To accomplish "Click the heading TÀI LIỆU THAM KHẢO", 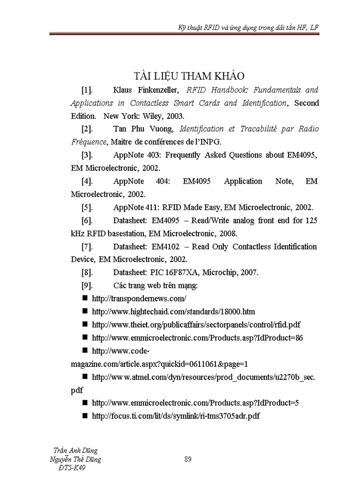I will pos(189,76).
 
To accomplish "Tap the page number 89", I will pos(188,460).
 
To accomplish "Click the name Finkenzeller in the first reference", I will pos(155,90).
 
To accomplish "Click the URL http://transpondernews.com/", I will pos(138,298).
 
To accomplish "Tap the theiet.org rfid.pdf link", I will pos(196,325).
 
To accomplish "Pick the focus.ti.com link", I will pos(175,416).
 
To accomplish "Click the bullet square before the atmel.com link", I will pos(85,377).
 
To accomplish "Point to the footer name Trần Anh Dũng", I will pos(76,450).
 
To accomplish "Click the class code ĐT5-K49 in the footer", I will pos(73,468).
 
